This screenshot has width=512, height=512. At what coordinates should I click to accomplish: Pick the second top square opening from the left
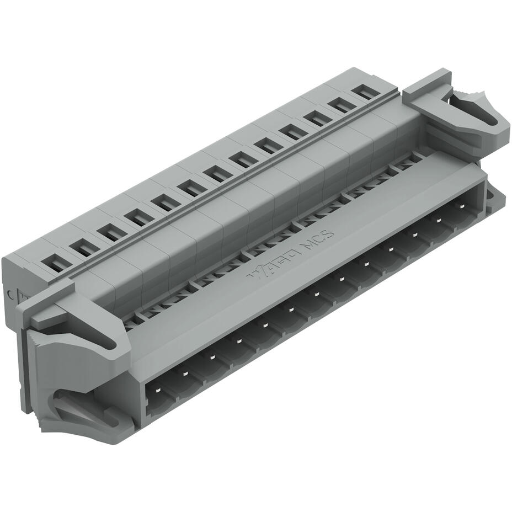pos(86,249)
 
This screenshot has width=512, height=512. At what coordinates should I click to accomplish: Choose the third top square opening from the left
pos(111,234)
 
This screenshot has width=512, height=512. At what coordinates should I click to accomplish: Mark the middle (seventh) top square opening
pos(217,175)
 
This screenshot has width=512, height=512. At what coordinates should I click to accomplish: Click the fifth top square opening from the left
pos(164,204)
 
